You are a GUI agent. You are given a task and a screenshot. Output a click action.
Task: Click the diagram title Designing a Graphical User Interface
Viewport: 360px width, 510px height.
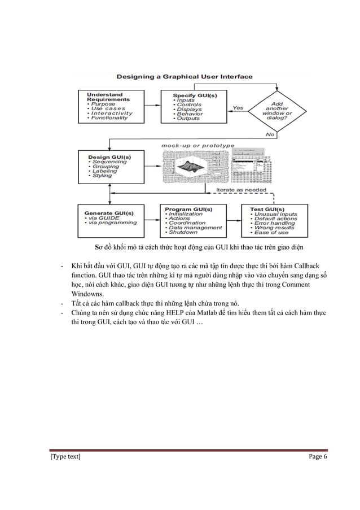pyautogui.click(x=185, y=76)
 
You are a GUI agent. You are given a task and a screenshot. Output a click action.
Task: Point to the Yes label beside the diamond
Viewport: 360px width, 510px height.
pyautogui.click(x=238, y=107)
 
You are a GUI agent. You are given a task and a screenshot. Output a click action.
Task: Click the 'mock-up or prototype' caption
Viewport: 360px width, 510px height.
pyautogui.click(x=197, y=146)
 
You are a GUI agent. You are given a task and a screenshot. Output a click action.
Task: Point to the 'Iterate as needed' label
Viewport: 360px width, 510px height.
pyautogui.click(x=241, y=191)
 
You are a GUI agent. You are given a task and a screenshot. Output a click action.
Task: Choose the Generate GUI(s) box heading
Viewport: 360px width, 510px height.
pyautogui.click(x=108, y=213)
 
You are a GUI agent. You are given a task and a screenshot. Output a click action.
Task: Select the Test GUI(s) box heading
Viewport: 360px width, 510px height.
pyautogui.click(x=269, y=209)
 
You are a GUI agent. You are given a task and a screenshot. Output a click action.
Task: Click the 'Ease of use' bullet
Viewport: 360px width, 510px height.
pyautogui.click(x=273, y=232)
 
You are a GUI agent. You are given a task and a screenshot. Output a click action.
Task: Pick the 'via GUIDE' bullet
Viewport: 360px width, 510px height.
pyautogui.click(x=104, y=218)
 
